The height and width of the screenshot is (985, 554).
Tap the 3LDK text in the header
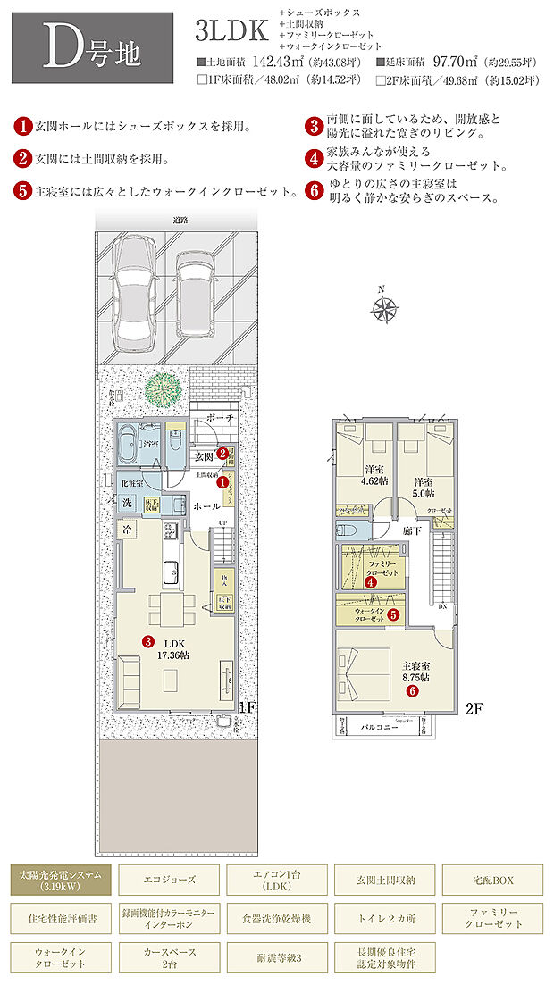pos(231,31)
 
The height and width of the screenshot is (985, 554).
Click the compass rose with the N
pos(384,309)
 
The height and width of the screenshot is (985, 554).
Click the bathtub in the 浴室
pos(136,444)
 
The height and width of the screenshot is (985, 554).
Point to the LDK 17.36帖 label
pos(170,647)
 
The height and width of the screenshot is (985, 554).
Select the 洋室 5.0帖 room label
pos(423,487)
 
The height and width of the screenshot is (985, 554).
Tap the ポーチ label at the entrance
pos(224,418)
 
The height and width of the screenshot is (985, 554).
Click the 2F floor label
pos(474,710)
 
